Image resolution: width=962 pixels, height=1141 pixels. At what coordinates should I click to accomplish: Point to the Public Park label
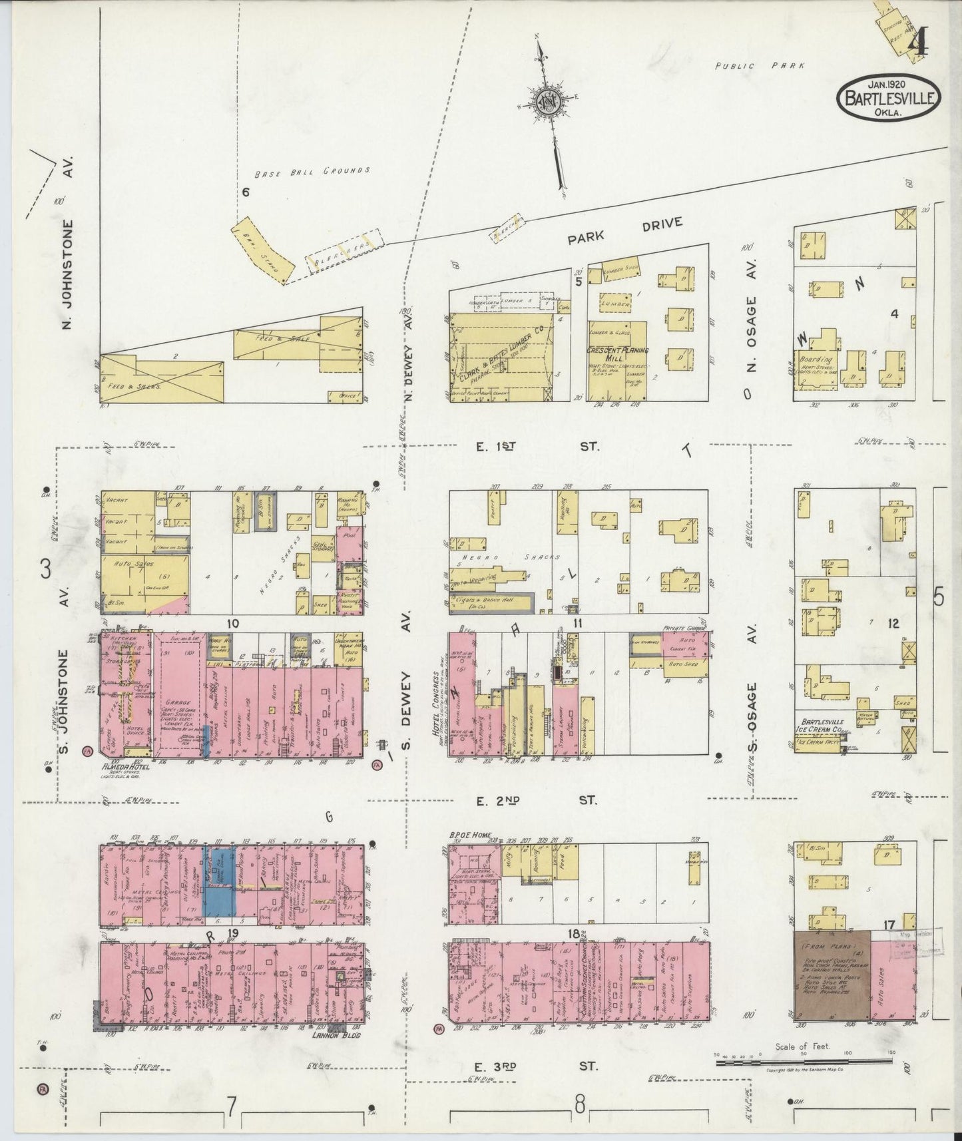pyautogui.click(x=759, y=66)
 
